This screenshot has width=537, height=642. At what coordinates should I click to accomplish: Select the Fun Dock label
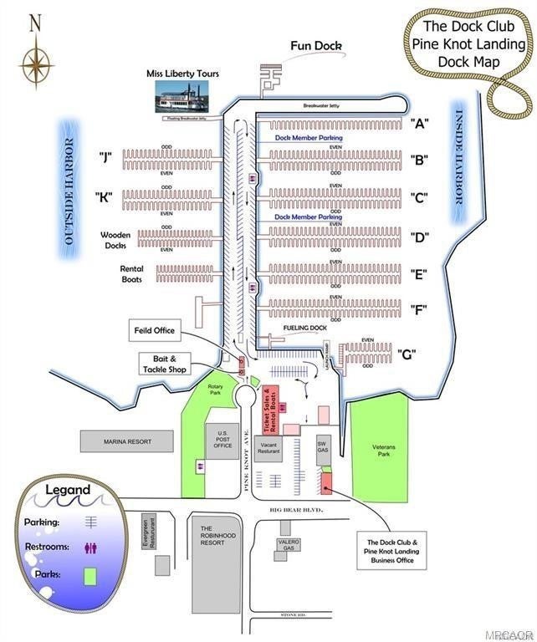(x=317, y=45)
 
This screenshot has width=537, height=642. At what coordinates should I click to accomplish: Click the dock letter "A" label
(x=420, y=123)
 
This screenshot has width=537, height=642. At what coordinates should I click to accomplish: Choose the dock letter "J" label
(x=105, y=156)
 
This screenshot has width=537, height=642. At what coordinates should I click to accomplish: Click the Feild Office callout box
(x=153, y=330)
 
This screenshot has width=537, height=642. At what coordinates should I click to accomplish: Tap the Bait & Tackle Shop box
(x=164, y=364)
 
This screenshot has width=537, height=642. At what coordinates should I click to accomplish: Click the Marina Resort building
(x=126, y=441)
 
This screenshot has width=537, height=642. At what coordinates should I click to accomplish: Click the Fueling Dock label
(x=304, y=329)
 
